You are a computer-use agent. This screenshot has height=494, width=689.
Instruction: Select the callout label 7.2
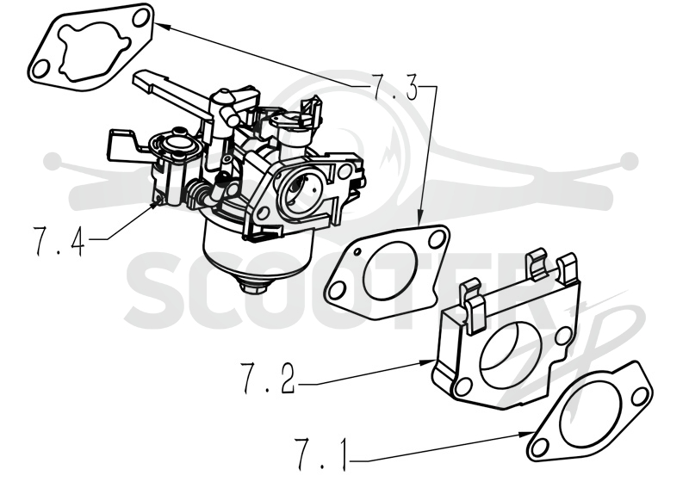click(x=268, y=378)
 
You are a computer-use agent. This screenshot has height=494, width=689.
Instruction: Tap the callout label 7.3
click(x=395, y=86)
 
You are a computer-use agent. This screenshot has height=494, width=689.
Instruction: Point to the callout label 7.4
click(x=59, y=241)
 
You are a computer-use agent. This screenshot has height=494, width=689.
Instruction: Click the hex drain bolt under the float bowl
click(x=253, y=287)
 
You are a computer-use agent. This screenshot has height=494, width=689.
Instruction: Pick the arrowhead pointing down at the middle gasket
click(x=419, y=219)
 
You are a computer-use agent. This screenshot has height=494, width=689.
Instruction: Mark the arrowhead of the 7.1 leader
click(x=526, y=435)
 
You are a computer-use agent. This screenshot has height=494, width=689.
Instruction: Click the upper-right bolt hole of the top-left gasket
click(x=140, y=19)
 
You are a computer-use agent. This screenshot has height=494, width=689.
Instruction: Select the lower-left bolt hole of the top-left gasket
click(x=40, y=70)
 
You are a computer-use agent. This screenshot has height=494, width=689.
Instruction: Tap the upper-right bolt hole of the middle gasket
click(x=436, y=240)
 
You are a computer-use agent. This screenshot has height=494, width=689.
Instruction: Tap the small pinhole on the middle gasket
click(x=358, y=251)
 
